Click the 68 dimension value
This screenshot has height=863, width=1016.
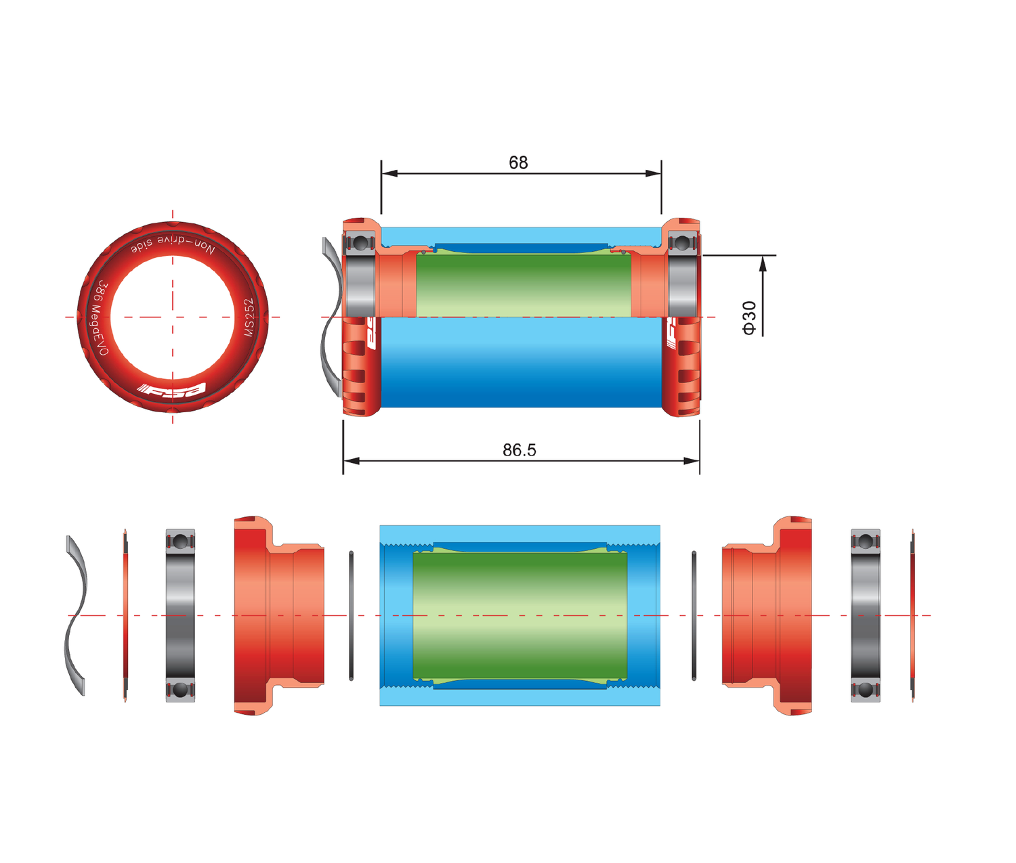518,162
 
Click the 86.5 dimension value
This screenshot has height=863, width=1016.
519,450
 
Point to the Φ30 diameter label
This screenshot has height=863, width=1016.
748,317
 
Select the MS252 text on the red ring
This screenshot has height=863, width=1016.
249,317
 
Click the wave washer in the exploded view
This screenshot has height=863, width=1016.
76,615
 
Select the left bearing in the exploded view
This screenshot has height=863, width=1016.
180,615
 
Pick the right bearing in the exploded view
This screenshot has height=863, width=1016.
865,615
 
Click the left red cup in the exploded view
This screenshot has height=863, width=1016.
271,615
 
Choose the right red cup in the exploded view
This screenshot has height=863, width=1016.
772,615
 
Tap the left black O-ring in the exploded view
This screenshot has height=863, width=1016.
351,615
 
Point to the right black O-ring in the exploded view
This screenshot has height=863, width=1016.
694,615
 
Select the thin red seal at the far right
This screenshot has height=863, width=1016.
913,615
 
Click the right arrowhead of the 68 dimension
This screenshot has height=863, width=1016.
654,173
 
